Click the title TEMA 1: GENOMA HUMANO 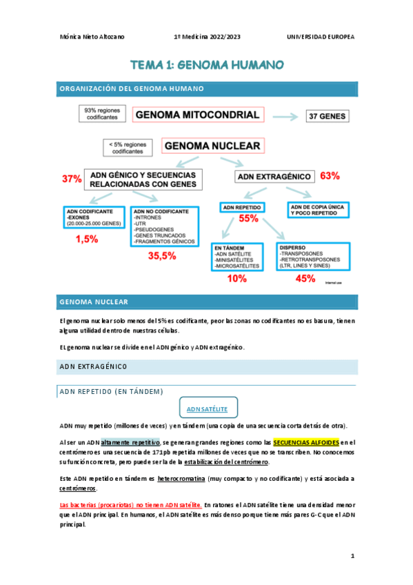click(207, 66)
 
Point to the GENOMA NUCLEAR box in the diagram click(212, 146)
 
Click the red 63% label click(330, 176)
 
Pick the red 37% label click(72, 179)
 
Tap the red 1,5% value click(87, 239)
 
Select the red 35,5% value click(162, 255)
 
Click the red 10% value click(236, 279)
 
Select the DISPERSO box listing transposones click(310, 256)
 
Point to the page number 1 click(352, 555)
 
